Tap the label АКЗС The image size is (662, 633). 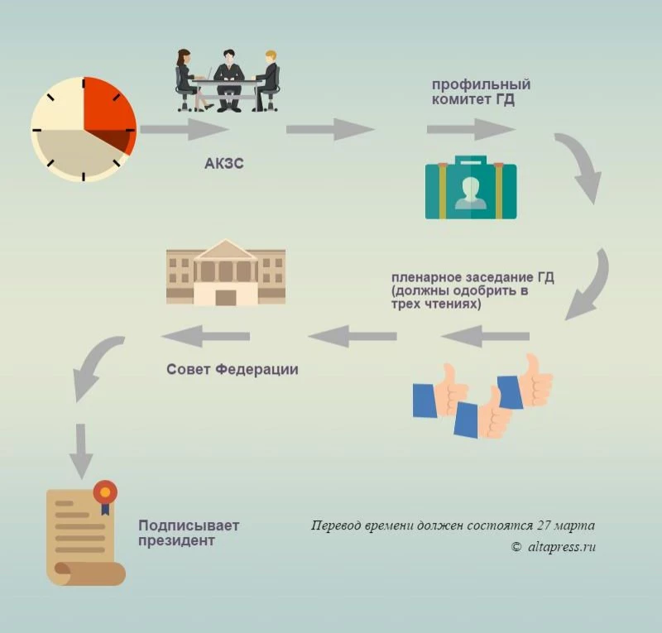pos(223,163)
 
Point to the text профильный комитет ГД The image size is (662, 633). pos(481,92)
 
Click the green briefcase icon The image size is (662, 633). pos(471,188)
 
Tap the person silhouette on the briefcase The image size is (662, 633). pos(471,189)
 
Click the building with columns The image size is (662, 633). pos(226,274)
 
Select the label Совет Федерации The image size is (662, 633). pos(232,369)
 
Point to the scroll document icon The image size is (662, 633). pos(83,534)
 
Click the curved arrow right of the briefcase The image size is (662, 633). pos(579,165)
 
